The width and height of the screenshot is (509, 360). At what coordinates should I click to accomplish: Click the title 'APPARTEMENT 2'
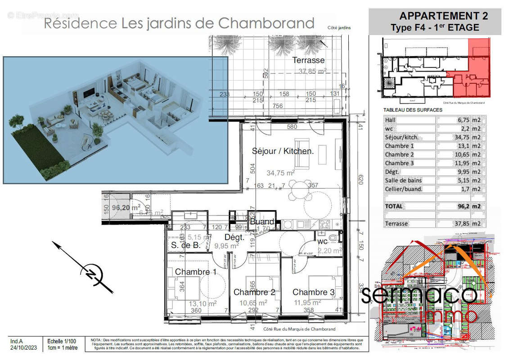click(x=443, y=16)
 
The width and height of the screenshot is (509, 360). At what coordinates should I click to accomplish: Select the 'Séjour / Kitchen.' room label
click(x=283, y=151)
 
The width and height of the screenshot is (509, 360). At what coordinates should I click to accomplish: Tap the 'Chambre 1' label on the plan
click(x=195, y=272)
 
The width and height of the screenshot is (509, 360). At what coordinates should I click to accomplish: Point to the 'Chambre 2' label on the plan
click(x=254, y=292)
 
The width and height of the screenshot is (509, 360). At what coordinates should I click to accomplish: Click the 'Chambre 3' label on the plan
click(x=313, y=292)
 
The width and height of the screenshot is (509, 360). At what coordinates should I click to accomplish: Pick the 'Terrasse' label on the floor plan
click(x=308, y=60)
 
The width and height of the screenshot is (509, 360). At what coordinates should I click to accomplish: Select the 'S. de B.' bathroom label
click(x=185, y=245)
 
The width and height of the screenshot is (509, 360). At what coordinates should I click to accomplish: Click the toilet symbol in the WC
click(x=332, y=237)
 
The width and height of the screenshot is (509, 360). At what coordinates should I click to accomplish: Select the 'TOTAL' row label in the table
click(x=394, y=206)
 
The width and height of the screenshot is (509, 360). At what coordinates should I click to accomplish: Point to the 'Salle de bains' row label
click(x=403, y=180)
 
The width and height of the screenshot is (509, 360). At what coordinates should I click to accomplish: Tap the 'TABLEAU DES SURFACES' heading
click(x=413, y=110)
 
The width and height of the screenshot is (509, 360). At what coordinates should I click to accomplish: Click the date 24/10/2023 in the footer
click(x=24, y=348)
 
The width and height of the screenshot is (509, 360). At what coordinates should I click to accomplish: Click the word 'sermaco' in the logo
click(x=419, y=295)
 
